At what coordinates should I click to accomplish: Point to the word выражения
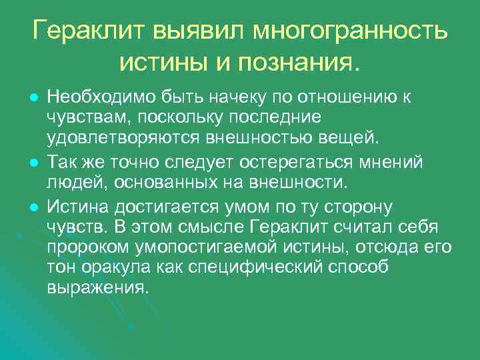click(97, 289)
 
